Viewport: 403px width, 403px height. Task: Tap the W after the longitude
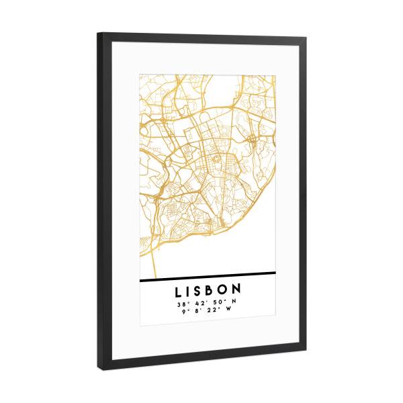pos(230,312)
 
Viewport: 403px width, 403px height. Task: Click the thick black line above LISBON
pos(208,274)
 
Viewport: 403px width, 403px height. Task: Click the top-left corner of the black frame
pos(98,34)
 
